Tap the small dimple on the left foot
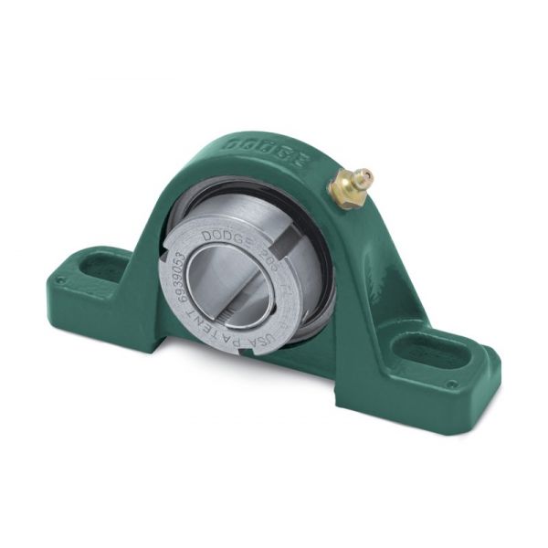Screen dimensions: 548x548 tap(60, 282)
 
